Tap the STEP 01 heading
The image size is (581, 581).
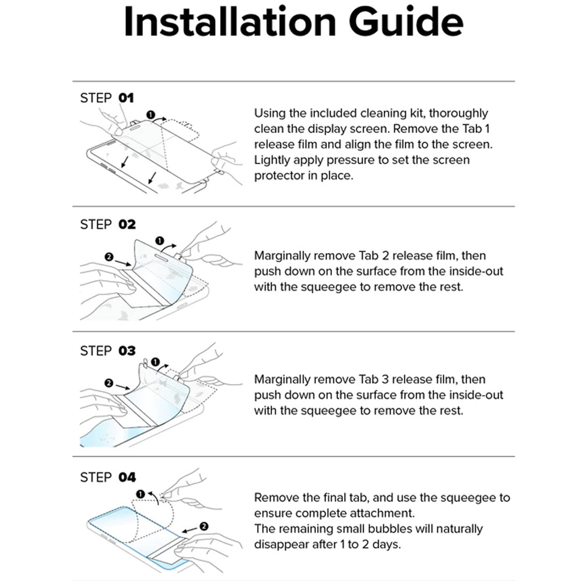(x=107, y=98)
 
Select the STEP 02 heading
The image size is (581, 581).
(x=107, y=224)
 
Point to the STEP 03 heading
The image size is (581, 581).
(x=107, y=351)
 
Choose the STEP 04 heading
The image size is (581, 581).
(x=107, y=478)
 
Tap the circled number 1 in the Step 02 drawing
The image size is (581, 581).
(x=160, y=240)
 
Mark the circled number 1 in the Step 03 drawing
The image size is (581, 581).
(x=156, y=363)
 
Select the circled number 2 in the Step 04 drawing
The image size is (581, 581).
(x=203, y=526)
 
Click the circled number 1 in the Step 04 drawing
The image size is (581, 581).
(x=140, y=494)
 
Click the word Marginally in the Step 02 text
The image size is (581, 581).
(x=282, y=256)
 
